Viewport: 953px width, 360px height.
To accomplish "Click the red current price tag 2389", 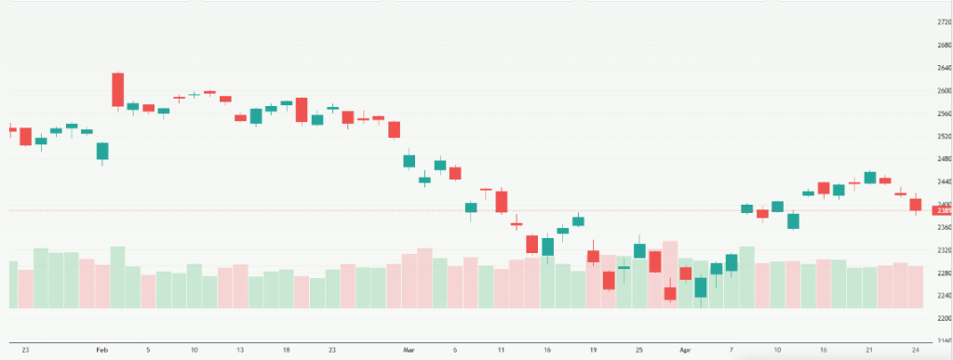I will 940,210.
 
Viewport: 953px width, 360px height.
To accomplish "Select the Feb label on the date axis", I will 101,349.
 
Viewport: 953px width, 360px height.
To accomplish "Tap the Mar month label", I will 408,349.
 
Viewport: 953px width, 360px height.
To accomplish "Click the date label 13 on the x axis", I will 240,349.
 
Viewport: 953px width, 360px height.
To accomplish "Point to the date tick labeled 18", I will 286,349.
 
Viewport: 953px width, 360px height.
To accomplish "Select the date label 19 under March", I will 593,349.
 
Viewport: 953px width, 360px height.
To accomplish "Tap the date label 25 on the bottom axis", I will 638,349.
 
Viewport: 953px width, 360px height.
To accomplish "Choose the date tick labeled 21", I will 869,349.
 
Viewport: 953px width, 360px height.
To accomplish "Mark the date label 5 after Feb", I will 148,349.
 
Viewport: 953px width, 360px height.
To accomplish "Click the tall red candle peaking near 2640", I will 118,89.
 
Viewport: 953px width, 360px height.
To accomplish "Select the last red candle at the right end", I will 915,205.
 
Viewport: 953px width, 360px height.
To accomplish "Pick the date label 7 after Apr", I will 731,349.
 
